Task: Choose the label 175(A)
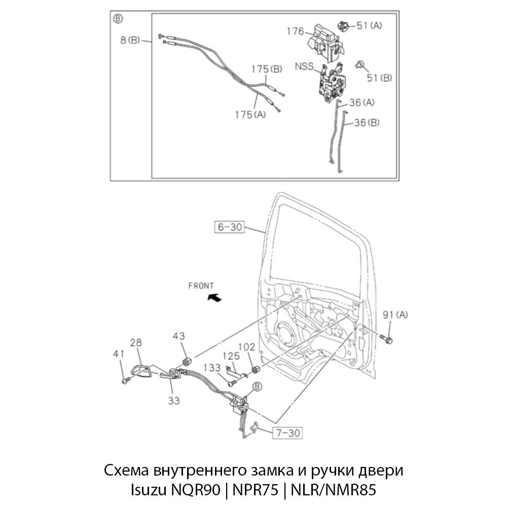(x=250, y=115)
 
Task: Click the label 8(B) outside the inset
(x=130, y=40)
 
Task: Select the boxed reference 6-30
(x=230, y=227)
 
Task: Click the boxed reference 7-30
(x=288, y=433)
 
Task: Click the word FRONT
(x=201, y=286)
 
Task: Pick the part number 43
(x=178, y=336)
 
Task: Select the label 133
(x=212, y=368)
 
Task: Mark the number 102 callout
(x=247, y=348)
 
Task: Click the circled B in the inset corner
(x=118, y=19)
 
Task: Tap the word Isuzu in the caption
(x=147, y=490)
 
